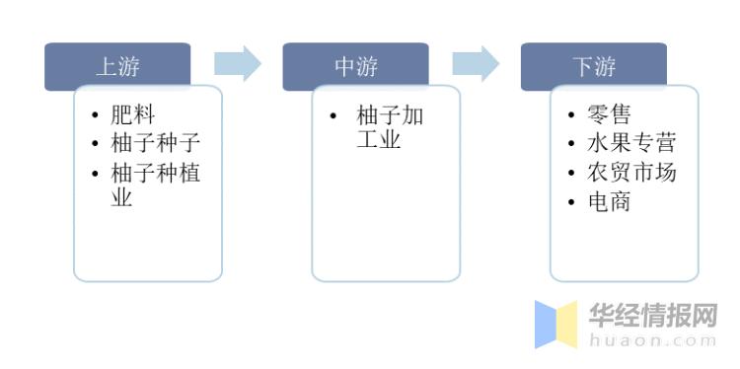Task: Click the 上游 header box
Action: point(117,66)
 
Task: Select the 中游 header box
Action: point(355,66)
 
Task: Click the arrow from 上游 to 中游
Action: point(238,63)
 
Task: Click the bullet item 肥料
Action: point(133,115)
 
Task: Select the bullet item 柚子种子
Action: point(156,143)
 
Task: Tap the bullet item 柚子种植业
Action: point(156,184)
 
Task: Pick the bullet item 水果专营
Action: point(630,143)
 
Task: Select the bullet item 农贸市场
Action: point(630,172)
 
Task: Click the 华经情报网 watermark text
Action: point(653,316)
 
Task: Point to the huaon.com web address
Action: point(653,340)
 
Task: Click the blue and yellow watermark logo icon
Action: point(555,325)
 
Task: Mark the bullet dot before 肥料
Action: point(94,116)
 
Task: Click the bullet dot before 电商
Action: point(570,202)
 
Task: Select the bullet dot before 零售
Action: point(570,116)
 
